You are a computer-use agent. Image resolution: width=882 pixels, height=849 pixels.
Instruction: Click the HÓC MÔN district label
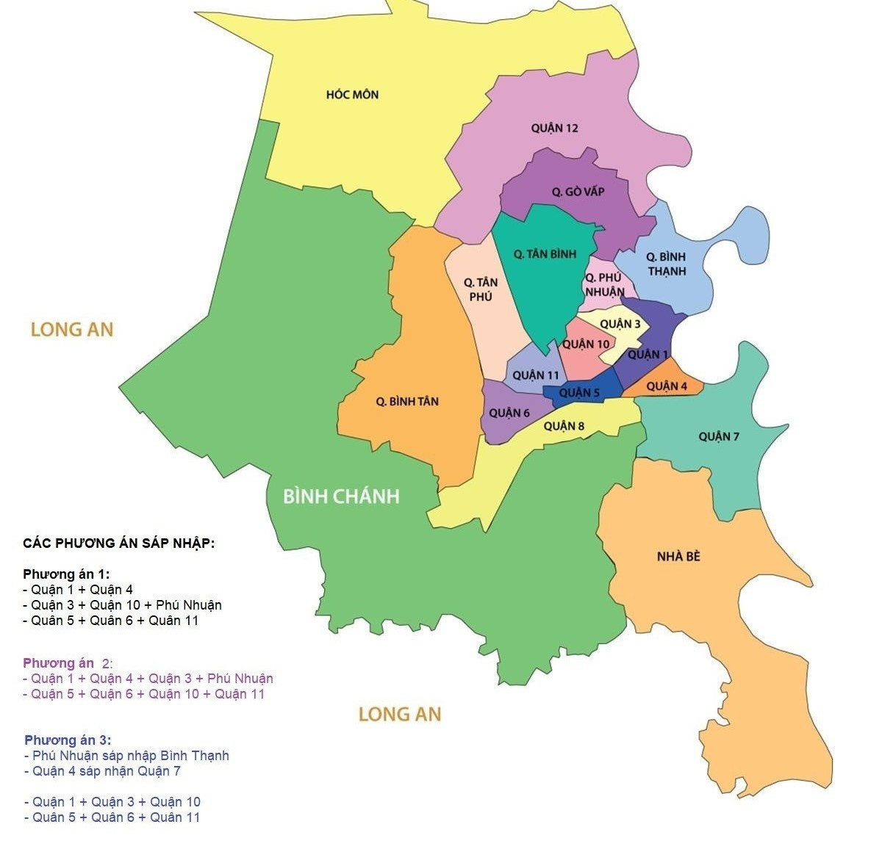point(352,95)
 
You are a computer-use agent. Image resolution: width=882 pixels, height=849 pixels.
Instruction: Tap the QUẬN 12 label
point(554,128)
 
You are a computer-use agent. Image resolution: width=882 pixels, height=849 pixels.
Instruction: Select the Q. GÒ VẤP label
point(578,192)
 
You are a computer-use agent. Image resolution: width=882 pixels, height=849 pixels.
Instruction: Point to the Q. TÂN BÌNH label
point(545,254)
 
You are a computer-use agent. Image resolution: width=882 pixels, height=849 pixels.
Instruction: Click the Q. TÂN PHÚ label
point(480,289)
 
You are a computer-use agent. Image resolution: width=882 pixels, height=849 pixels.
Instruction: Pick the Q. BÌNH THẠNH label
point(666,264)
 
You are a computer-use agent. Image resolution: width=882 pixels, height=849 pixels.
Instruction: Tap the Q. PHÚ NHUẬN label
point(604,284)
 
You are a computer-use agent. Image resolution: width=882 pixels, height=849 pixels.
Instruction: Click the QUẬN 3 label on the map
point(620,324)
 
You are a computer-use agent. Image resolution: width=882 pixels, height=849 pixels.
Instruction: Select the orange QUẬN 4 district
point(667,386)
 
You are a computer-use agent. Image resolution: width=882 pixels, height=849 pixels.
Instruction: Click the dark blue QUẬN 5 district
point(579,393)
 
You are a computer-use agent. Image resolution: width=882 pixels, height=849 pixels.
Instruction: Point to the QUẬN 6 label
point(509,413)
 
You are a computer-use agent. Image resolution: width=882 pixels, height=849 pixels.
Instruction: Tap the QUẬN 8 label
point(564,426)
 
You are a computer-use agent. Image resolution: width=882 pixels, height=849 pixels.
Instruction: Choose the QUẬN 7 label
point(718,437)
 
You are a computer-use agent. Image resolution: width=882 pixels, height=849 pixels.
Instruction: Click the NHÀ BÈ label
point(678,557)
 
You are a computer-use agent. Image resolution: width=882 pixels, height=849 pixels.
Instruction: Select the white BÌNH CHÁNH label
point(341,496)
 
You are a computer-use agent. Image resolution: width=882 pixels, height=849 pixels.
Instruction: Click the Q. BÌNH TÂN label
point(406,401)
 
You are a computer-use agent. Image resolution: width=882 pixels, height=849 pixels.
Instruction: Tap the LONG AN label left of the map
point(72,329)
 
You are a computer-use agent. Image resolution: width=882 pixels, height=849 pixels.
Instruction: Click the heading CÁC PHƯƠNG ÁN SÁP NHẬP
point(118,543)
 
